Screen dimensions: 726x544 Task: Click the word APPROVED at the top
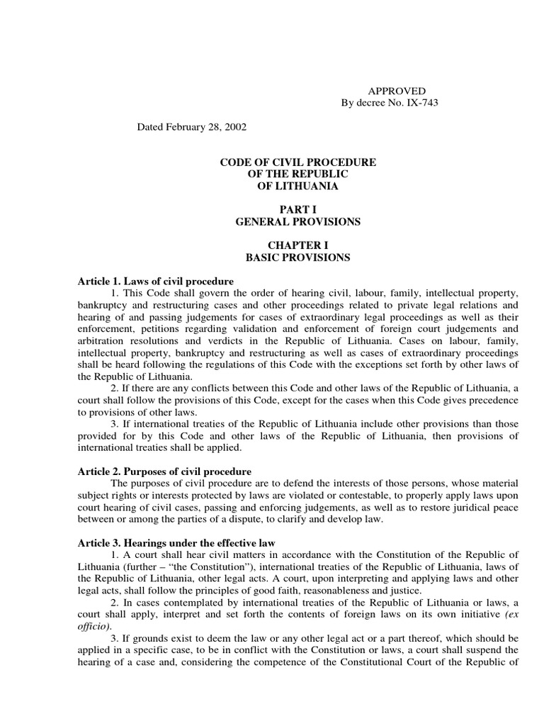pos(397,91)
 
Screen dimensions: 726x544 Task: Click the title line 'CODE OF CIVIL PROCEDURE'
pos(297,162)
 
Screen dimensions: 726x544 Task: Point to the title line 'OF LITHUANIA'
pos(297,186)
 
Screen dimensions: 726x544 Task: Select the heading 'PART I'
pos(297,210)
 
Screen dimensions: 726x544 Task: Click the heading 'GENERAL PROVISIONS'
pos(297,222)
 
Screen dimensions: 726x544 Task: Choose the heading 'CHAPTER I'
pos(297,245)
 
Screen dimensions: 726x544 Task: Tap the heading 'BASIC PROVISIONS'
pos(297,257)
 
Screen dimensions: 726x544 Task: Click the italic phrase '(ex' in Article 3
pos(510,615)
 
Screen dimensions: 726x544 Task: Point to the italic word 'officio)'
pos(93,627)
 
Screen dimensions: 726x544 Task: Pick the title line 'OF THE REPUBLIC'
pos(297,174)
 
